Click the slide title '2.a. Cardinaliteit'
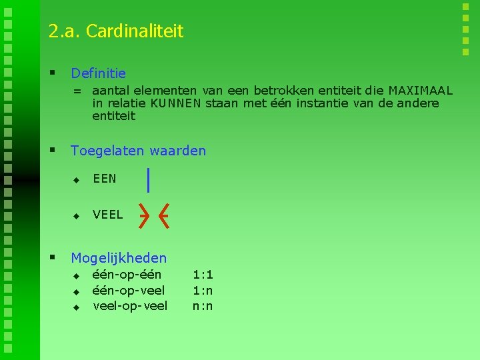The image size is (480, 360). tap(115, 31)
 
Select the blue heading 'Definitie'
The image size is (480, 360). tap(98, 73)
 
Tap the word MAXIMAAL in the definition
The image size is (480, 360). tap(420, 91)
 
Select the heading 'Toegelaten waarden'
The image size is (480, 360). tap(138, 151)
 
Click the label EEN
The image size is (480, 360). tap(105, 179)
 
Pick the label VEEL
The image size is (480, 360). tap(107, 215)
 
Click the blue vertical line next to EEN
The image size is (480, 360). tap(148, 180)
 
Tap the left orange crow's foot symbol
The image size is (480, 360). tap(144, 215)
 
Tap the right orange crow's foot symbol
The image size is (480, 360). tap(164, 215)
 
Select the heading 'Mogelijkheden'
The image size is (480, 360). tap(119, 257)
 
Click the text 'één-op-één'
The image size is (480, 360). tap(127, 274)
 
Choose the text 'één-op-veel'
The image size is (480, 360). tap(129, 290)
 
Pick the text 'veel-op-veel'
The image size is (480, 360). tap(130, 306)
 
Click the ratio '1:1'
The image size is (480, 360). tap(203, 274)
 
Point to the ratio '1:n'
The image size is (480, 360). tap(203, 290)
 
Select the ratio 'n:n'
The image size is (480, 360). tap(203, 306)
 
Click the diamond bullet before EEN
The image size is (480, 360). tap(76, 180)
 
